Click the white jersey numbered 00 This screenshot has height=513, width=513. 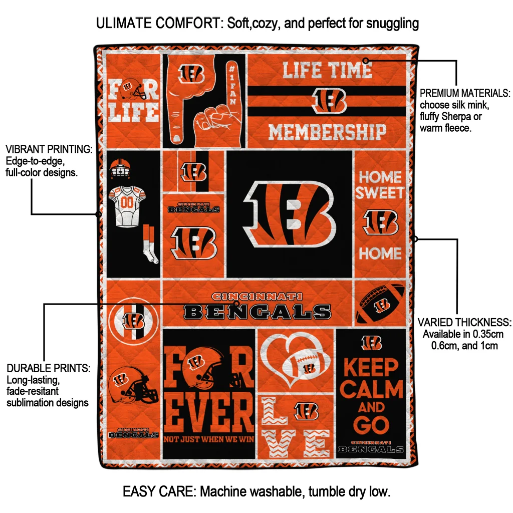click(127, 206)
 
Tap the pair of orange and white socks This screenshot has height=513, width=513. click(150, 244)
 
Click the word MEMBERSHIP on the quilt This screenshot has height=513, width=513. click(327, 132)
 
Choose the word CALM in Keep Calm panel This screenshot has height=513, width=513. click(371, 389)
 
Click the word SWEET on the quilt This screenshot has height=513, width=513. click(380, 192)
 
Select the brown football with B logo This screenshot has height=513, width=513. click(380, 304)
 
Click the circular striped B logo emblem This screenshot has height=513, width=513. click(133, 320)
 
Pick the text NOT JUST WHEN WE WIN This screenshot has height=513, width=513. click(209, 439)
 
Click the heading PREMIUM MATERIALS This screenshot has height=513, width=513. click(464, 93)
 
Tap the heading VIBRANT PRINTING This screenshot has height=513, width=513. click(49, 149)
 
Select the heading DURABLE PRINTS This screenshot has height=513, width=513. click(49, 368)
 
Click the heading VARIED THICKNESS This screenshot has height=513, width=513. click(464, 322)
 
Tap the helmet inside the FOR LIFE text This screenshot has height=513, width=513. click(133, 88)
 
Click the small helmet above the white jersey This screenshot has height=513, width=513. click(120, 168)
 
